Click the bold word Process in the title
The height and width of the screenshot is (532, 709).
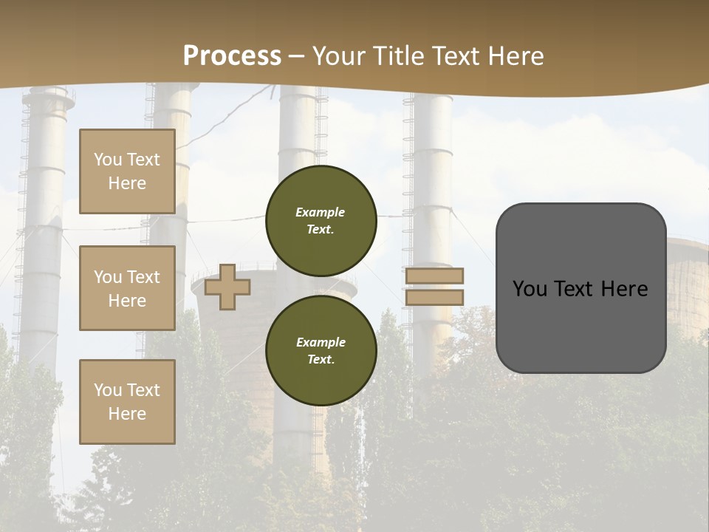click(232, 55)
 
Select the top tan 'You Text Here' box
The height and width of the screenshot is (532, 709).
click(127, 171)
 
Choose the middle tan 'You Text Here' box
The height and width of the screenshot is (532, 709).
click(127, 288)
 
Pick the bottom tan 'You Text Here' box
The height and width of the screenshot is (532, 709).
click(127, 401)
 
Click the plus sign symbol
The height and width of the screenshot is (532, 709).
click(227, 287)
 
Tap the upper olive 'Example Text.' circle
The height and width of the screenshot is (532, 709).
click(321, 220)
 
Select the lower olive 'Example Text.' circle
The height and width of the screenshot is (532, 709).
click(321, 350)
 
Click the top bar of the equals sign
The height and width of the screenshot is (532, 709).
click(434, 276)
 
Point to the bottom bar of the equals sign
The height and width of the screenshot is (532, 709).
click(434, 297)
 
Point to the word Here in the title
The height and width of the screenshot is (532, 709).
click(516, 55)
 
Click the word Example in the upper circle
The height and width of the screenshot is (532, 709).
click(321, 212)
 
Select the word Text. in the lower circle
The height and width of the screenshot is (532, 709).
click(321, 359)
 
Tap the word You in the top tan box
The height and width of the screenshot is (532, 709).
click(107, 160)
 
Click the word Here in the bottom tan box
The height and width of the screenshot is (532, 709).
click(127, 414)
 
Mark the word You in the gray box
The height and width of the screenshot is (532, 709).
click(530, 288)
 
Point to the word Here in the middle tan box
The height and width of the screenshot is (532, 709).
click(127, 301)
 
